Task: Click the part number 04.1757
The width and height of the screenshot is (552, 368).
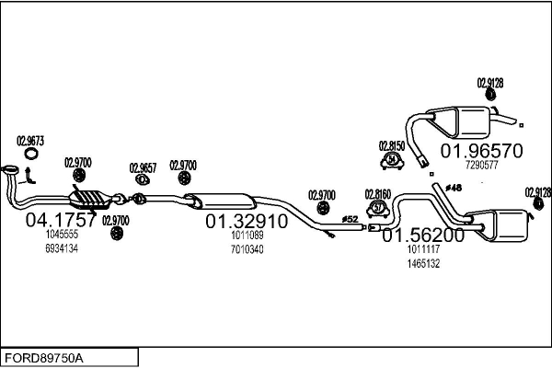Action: [61, 221]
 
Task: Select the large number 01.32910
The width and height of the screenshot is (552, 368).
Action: [246, 222]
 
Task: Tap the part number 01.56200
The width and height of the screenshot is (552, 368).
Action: [423, 235]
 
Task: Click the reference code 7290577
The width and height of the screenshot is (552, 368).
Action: [482, 166]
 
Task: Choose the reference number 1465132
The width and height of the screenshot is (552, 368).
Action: [423, 263]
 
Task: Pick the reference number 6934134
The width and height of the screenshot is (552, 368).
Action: [62, 249]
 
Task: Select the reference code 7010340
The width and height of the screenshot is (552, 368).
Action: [247, 249]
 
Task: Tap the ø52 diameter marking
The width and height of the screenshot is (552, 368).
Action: [350, 219]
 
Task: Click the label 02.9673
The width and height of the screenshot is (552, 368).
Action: [30, 141]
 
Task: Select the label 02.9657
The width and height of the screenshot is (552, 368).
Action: [143, 167]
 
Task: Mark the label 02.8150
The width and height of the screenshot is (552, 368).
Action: [393, 145]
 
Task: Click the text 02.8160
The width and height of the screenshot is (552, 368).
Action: [378, 193]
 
